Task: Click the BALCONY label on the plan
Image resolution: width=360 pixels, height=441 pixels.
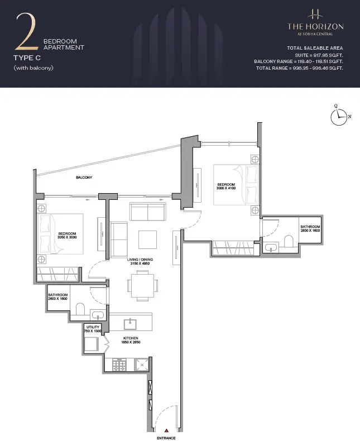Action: tap(84, 178)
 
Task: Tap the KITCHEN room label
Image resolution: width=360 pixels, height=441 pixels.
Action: tap(131, 338)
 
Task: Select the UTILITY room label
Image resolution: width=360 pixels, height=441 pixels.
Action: tap(93, 327)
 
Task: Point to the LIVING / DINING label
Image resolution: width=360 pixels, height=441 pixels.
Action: tap(140, 260)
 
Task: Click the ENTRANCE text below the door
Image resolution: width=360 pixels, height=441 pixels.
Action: tap(166, 438)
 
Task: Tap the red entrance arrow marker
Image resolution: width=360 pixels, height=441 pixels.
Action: tap(166, 430)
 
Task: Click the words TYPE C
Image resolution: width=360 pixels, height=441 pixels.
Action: tap(27, 58)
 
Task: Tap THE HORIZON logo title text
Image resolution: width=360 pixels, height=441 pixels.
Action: tap(315, 27)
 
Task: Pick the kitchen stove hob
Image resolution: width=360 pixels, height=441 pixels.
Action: tap(119, 365)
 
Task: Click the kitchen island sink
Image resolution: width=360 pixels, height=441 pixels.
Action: tap(130, 324)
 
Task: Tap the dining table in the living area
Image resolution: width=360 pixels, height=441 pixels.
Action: tap(142, 285)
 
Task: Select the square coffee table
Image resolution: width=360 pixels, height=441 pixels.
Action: tap(147, 239)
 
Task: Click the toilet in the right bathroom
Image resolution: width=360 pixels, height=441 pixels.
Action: tap(289, 241)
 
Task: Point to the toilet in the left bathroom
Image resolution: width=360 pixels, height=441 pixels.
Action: tap(80, 309)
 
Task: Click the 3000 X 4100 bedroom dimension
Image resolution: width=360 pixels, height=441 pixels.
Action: tap(226, 188)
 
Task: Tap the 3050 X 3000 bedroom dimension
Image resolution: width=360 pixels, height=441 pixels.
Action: tap(67, 237)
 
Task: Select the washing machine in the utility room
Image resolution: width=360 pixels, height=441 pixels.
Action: tap(92, 344)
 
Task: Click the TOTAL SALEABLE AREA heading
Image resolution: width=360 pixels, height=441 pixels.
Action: tap(315, 48)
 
